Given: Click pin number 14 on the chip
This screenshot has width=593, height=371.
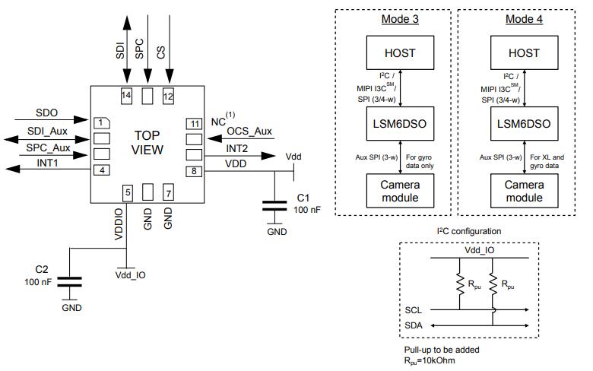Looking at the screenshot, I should (x=127, y=96).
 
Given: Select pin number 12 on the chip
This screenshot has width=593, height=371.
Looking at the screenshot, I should (x=168, y=96).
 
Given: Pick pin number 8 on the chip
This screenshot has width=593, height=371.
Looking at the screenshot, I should (x=195, y=170).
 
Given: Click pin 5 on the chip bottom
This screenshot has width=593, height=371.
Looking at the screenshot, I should (x=128, y=193).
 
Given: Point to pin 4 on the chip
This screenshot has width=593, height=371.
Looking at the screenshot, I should (x=100, y=170).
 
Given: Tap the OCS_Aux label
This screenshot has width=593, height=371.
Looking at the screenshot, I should (x=249, y=132).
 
